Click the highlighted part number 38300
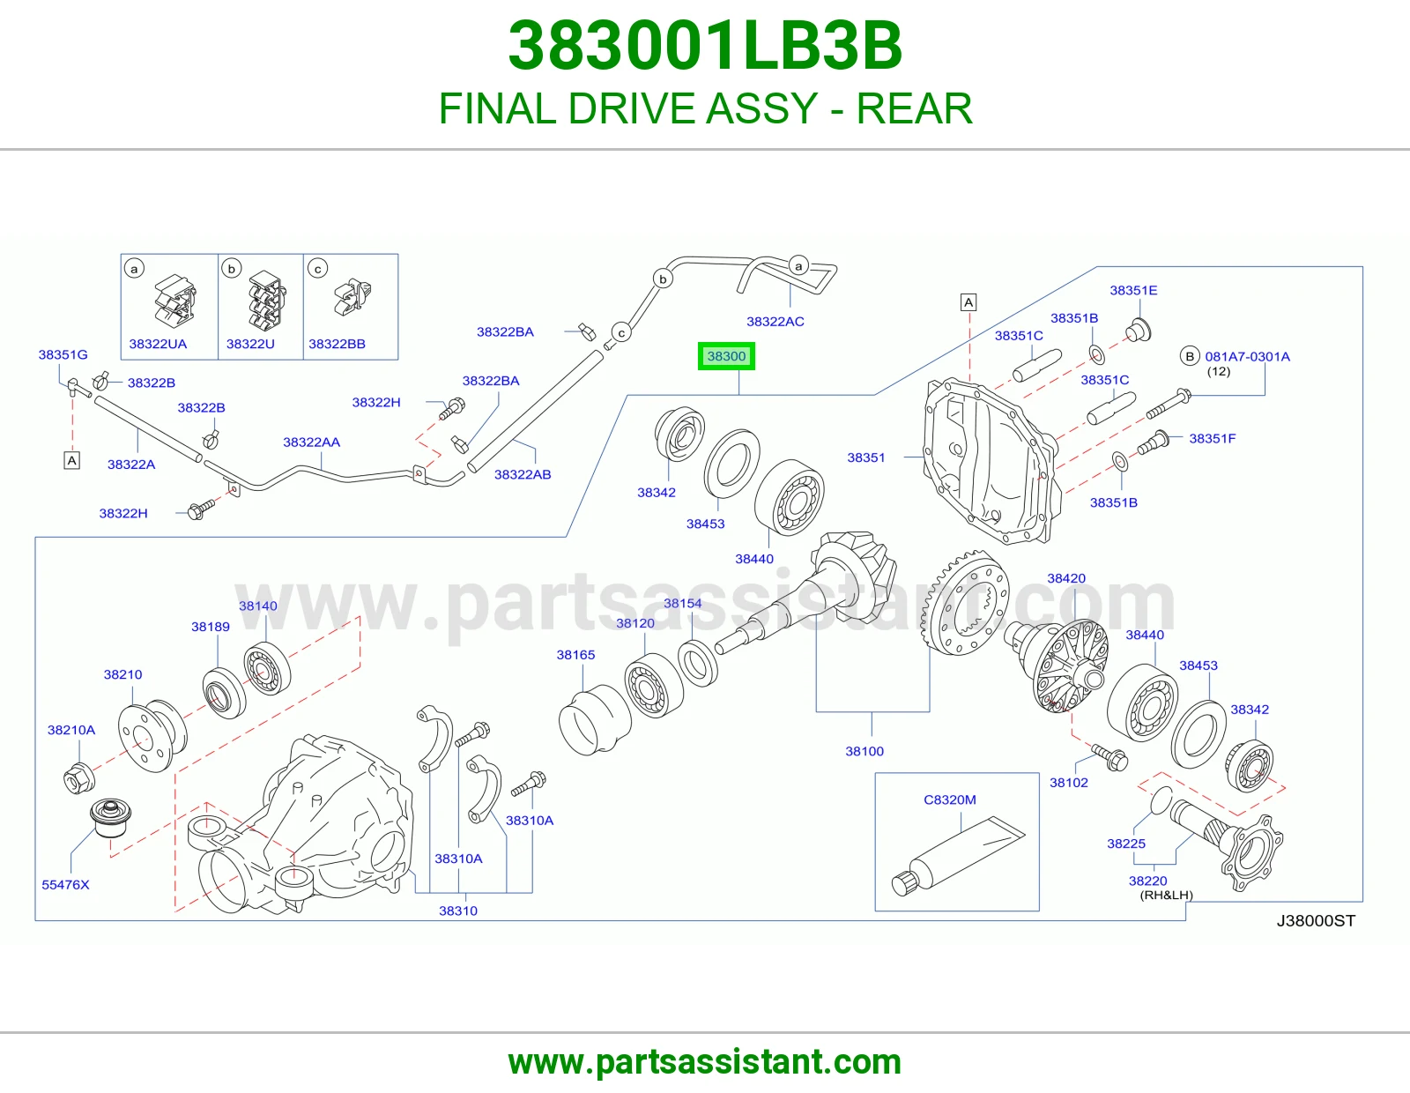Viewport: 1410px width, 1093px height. point(726,356)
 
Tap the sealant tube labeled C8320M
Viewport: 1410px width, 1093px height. point(958,855)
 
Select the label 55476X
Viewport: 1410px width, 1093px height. point(65,885)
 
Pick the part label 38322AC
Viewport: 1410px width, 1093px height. point(775,321)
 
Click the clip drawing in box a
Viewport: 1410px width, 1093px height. point(175,301)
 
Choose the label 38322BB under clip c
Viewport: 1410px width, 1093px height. point(337,344)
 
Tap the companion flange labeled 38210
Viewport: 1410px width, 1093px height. point(152,735)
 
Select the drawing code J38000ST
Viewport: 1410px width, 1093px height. point(1315,920)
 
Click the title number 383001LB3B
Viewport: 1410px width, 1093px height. point(705,46)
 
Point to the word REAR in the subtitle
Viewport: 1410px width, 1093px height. point(914,108)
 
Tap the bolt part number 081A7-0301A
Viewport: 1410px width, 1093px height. point(1247,356)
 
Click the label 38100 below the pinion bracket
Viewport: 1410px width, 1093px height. point(864,751)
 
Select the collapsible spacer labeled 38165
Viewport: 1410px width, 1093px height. point(594,720)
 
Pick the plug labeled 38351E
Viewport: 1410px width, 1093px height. point(1138,331)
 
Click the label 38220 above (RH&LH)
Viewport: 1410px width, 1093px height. point(1148,881)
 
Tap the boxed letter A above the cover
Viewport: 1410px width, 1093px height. point(968,301)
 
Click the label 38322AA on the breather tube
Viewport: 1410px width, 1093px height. point(311,442)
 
